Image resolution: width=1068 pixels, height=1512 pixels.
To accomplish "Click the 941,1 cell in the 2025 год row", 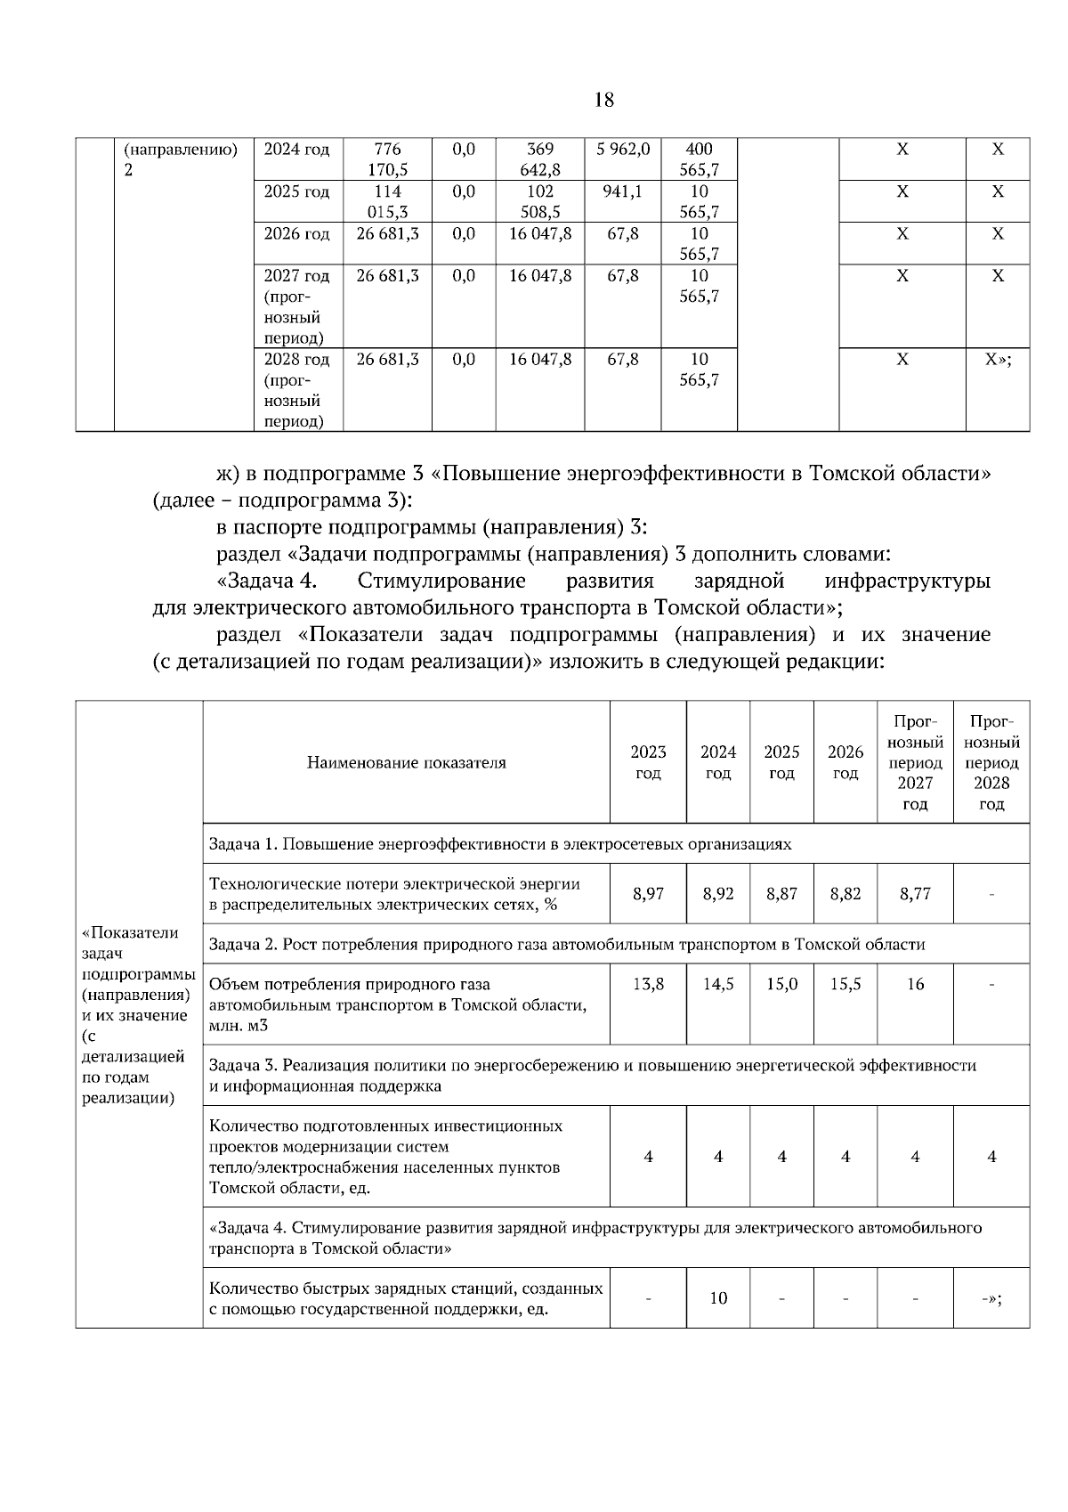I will tap(622, 191).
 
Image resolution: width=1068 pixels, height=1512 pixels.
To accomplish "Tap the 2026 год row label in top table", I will tap(296, 234).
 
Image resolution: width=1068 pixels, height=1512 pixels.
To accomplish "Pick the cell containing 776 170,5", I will tap(387, 159).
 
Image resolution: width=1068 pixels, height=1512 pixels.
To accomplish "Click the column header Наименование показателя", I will tap(406, 762).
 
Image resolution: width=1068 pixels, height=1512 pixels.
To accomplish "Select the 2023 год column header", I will tap(648, 762).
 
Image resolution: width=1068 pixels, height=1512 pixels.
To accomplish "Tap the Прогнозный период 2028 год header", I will tap(991, 762).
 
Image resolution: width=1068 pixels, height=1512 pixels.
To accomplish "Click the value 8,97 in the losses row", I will tap(648, 893).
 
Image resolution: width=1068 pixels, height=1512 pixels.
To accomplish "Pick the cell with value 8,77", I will tap(915, 893).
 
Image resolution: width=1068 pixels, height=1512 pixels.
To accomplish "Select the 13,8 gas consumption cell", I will tap(648, 984).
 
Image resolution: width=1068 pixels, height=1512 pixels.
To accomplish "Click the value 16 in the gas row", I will tap(915, 984).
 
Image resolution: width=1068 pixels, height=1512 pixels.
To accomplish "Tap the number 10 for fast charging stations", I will tap(718, 1297).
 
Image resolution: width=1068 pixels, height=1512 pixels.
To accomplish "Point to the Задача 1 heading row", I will tap(498, 843).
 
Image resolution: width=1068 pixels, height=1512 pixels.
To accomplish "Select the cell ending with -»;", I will tap(991, 1297).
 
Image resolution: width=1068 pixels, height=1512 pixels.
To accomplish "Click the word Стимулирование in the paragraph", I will tap(441, 581).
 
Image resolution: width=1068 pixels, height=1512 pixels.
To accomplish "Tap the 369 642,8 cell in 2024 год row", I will tap(539, 159).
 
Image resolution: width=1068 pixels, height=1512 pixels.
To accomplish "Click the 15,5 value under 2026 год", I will tap(845, 984).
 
